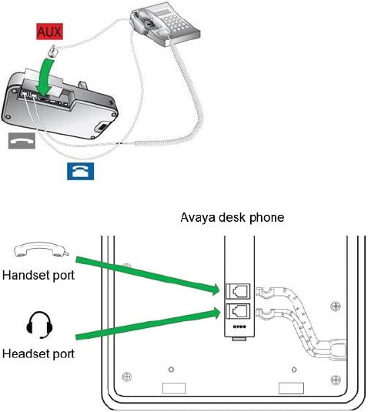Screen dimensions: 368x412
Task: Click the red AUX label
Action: point(49,32)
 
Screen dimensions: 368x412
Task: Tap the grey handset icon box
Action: point(22,141)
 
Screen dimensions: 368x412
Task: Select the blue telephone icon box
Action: point(81,171)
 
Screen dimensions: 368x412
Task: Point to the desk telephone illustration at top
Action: point(165,24)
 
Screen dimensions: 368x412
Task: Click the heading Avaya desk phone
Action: point(233,218)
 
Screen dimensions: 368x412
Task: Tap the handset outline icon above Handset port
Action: point(42,250)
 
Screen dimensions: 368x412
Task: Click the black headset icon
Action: point(39,325)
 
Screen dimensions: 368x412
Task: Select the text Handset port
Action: point(38,276)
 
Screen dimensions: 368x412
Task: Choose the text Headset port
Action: point(38,353)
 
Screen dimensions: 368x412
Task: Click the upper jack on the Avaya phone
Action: point(238,291)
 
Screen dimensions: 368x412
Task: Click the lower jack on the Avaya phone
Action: point(238,311)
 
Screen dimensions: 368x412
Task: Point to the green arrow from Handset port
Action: point(148,275)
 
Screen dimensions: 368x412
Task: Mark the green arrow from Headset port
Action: point(148,323)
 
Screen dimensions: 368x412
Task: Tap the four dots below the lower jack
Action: point(239,327)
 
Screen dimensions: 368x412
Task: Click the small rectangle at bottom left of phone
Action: point(174,388)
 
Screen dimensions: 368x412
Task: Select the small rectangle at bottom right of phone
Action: point(291,388)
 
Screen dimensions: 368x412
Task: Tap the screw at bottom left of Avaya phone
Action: point(127,377)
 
